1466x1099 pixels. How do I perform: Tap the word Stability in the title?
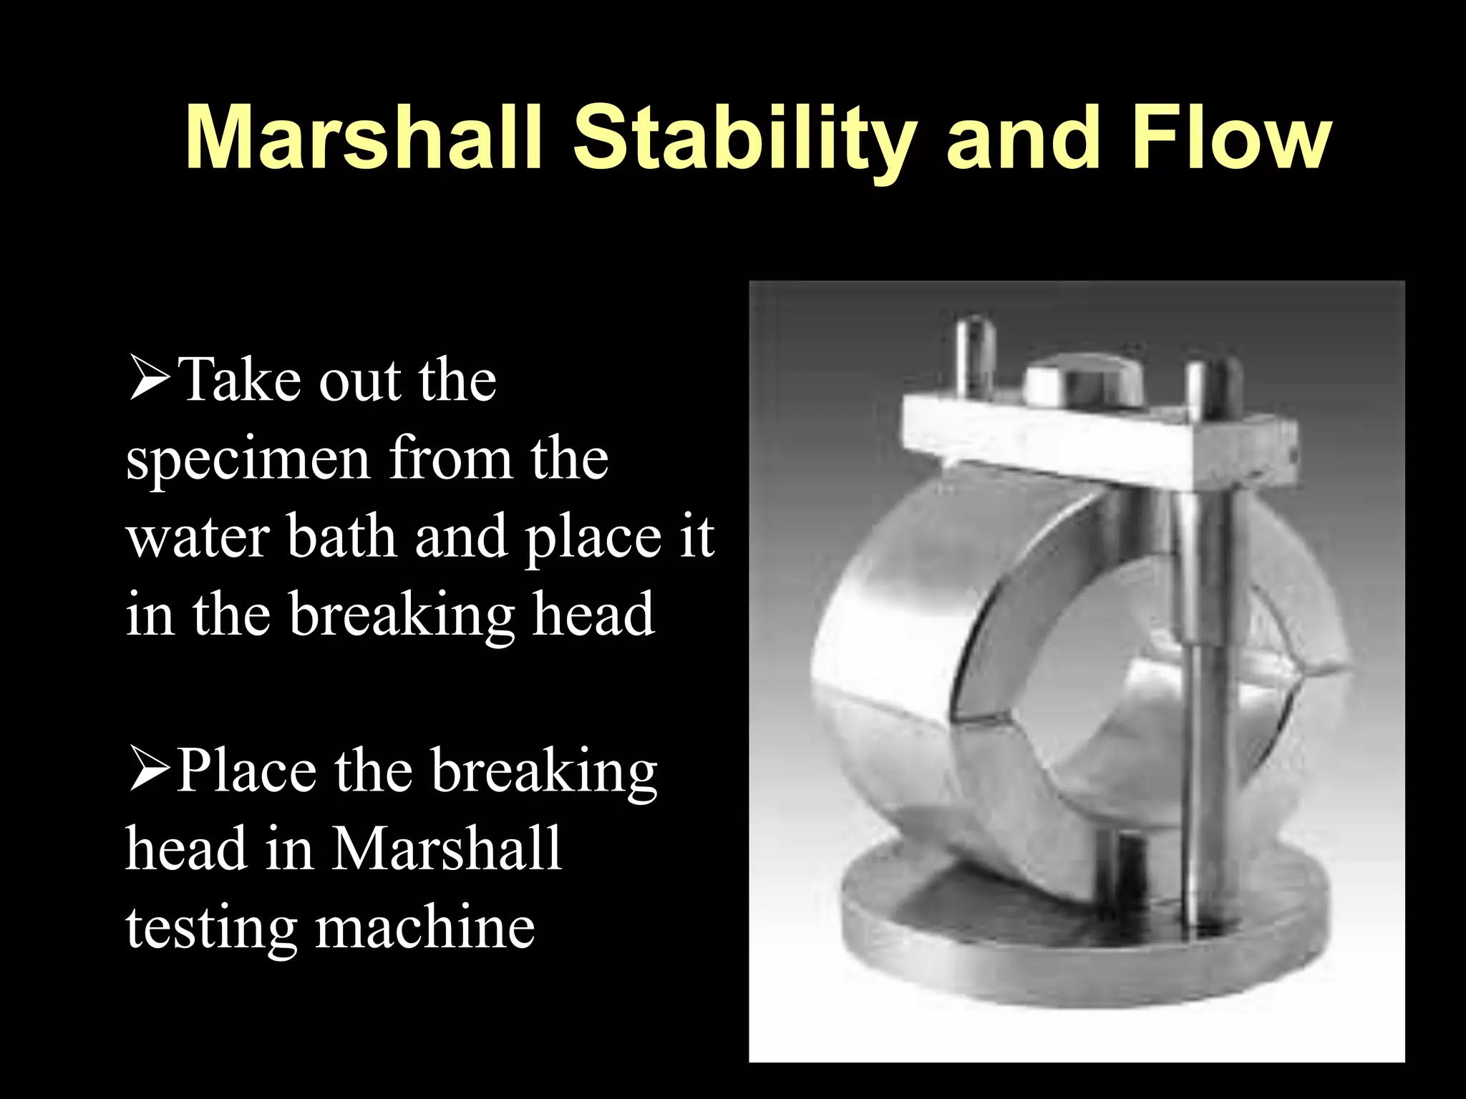(744, 140)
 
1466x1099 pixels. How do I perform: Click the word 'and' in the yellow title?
(1022, 140)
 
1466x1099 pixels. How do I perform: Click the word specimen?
(247, 459)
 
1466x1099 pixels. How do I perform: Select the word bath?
(342, 537)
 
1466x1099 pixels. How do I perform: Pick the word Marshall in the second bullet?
(447, 849)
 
